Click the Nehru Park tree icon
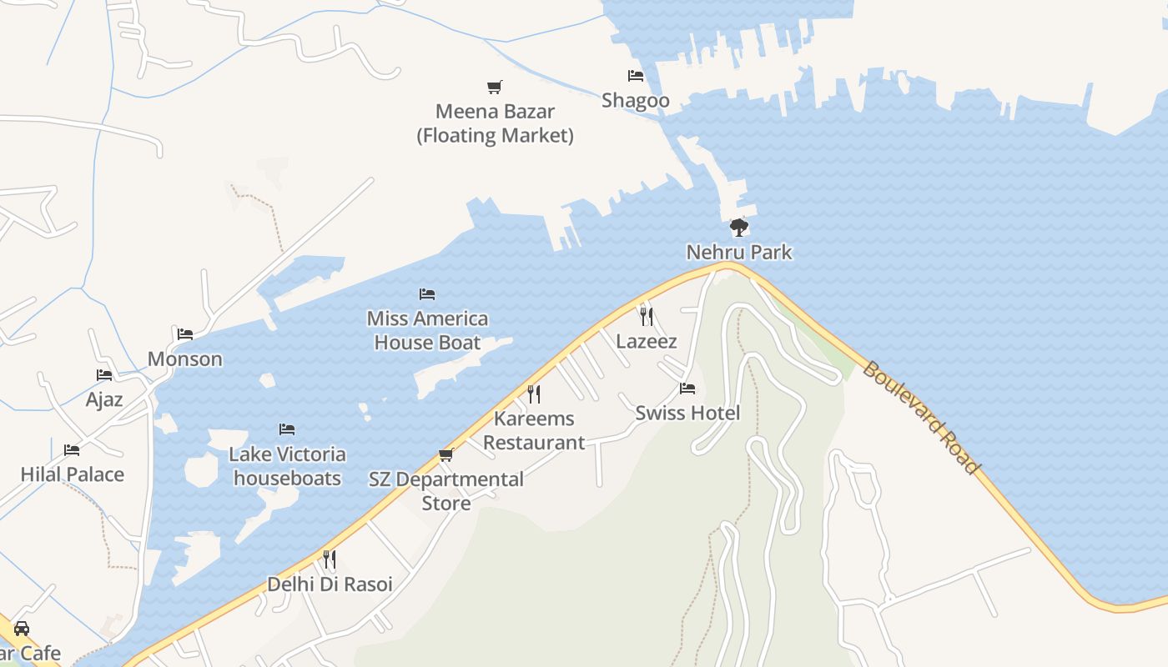click(738, 227)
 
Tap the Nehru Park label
click(738, 252)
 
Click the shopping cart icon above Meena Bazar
click(495, 87)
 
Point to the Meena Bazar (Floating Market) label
click(496, 123)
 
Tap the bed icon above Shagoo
click(636, 76)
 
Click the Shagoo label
click(636, 101)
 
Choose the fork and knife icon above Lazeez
click(646, 316)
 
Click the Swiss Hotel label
click(687, 413)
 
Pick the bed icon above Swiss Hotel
click(687, 389)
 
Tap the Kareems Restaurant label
click(534, 430)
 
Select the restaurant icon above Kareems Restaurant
click(534, 394)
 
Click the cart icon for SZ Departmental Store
click(446, 454)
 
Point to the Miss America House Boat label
click(427, 330)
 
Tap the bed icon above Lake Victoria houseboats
click(287, 429)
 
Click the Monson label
click(185, 359)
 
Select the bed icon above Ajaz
click(104, 375)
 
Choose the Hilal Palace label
click(73, 474)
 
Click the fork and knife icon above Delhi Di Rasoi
click(330, 559)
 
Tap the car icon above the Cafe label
click(22, 628)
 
